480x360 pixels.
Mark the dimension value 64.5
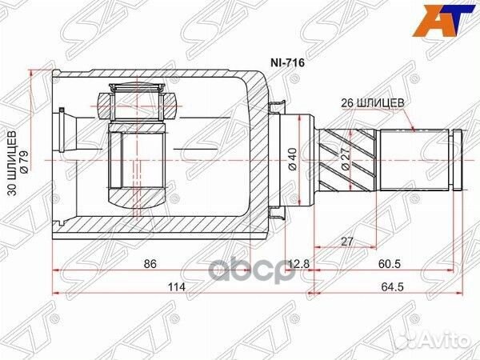[390, 287]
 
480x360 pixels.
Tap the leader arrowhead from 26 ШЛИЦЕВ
[412, 129]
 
